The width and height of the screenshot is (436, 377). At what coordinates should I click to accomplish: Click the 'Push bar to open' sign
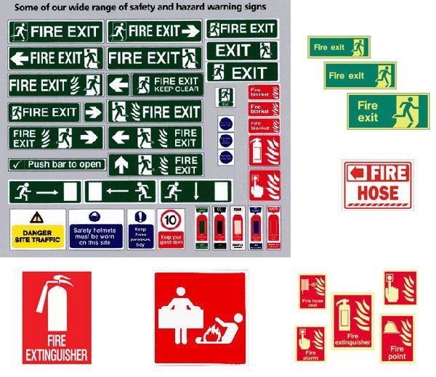coord(56,165)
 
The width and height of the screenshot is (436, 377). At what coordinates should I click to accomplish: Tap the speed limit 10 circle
coord(171,220)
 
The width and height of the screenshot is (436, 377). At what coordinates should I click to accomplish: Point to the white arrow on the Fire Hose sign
coord(355,173)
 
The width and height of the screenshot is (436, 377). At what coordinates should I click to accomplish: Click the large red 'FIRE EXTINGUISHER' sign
coord(57,318)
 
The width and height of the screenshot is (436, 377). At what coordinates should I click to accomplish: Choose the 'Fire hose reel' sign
coord(312,292)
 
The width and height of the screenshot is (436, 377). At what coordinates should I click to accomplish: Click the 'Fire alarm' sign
coord(310,343)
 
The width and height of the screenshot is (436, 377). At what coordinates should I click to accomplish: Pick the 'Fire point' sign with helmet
coord(397,338)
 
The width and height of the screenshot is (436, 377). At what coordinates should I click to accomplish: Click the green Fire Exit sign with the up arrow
coord(155,165)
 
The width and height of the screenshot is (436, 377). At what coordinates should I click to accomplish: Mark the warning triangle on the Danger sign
coord(36,217)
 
